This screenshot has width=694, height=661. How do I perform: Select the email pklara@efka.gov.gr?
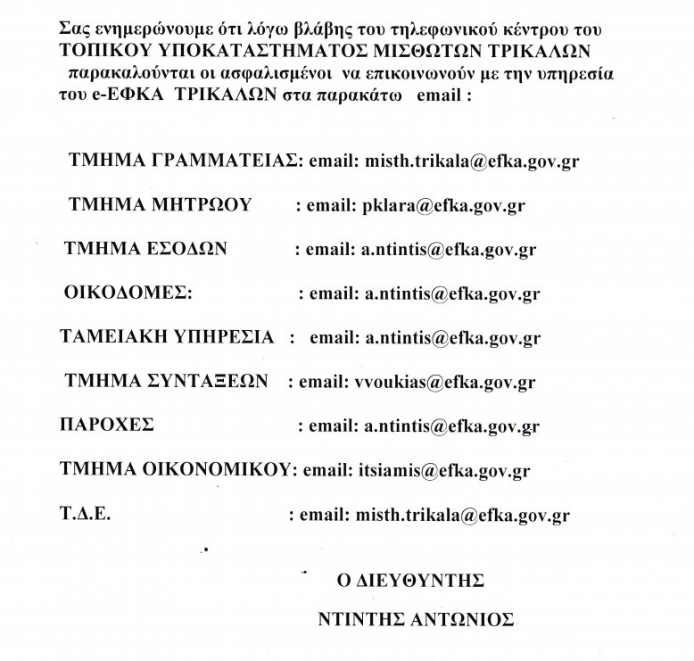tap(443, 206)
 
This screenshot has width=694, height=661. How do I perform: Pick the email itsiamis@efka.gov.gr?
tap(443, 470)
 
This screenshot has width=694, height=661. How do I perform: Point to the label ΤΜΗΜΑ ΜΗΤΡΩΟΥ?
tap(160, 205)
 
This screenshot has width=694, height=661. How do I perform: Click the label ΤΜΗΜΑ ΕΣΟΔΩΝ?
tap(146, 249)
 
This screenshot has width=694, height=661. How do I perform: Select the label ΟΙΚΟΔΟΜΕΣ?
tap(128, 293)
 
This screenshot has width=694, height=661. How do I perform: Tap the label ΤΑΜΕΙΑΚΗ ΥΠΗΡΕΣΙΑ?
tap(167, 337)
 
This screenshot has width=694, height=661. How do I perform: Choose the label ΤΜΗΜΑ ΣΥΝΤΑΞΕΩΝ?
tap(167, 382)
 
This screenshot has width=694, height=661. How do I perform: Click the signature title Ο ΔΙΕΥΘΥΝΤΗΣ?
tap(405, 581)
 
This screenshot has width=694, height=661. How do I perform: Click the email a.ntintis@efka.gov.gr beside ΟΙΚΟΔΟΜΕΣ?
tap(450, 293)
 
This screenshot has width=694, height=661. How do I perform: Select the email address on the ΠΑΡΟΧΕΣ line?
tap(450, 426)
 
